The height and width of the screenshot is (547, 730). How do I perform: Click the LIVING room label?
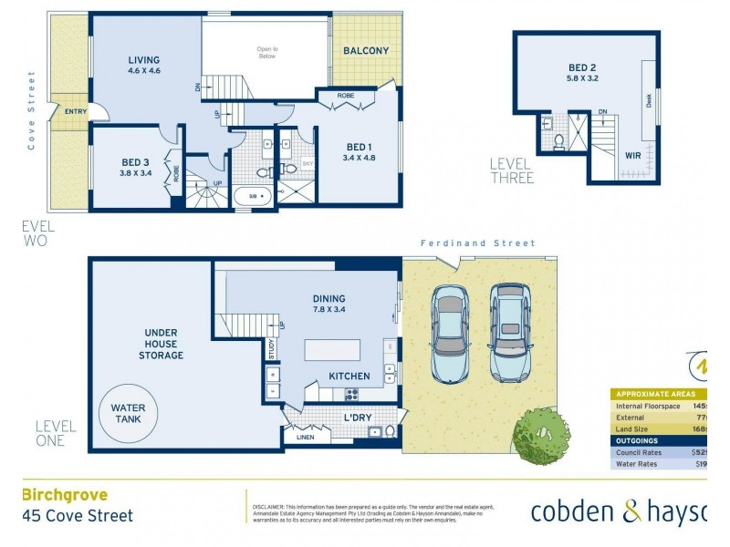pos(144,62)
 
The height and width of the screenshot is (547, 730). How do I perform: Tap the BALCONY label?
pos(366,51)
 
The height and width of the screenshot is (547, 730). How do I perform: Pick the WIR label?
pos(632,156)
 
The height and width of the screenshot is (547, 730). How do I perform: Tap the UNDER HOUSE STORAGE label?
pos(162,344)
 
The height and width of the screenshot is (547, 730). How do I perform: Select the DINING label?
pos(328,298)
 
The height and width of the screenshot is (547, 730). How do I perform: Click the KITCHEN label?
pos(349,376)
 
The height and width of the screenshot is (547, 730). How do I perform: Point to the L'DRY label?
pos(358,418)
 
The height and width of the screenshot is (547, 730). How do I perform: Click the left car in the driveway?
pos(450,334)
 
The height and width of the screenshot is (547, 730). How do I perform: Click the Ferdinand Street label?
pos(477,243)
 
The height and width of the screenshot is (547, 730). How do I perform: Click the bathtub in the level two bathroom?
pos(252,194)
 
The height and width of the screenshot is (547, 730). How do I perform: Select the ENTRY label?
pos(76,111)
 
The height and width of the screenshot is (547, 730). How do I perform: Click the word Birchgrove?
pos(64,495)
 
